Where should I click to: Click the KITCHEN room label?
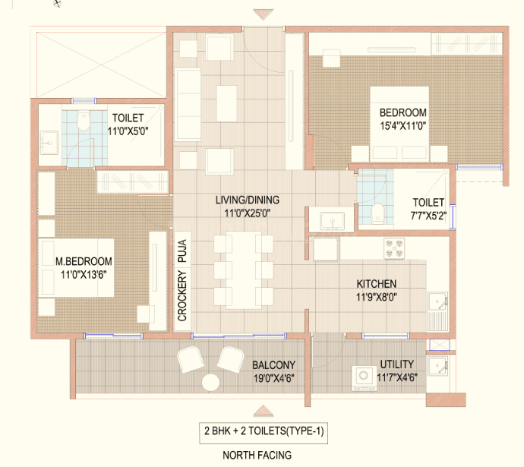tap(376, 284)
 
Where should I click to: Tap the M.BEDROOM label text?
tap(84, 261)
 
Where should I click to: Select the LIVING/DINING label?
tap(248, 200)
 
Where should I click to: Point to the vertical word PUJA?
tap(182, 251)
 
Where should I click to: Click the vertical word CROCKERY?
tap(182, 296)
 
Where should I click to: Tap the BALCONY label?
tap(273, 364)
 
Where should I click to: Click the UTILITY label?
tap(397, 364)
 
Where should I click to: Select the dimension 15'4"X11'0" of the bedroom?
tap(402, 126)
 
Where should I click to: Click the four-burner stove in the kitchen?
tap(394, 248)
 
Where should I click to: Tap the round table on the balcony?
tap(210, 383)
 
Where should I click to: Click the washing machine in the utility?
tap(364, 378)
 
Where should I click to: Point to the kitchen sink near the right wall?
tap(437, 302)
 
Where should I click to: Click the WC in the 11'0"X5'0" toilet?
tap(84, 121)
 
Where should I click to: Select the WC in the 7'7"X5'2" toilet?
tap(377, 213)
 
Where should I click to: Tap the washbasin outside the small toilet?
tap(332, 220)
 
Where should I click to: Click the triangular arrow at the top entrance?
tap(264, 14)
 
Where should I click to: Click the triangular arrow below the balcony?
tap(264, 411)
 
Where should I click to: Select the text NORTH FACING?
tap(257, 455)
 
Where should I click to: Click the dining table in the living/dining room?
tap(244, 270)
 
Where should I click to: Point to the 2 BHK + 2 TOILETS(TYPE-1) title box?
tap(264, 433)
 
